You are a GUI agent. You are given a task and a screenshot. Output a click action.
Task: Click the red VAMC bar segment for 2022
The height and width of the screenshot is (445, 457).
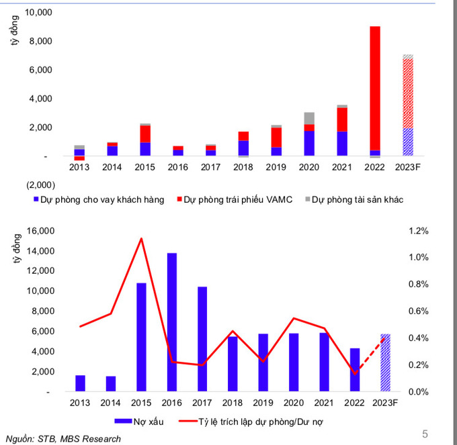(x=375, y=87)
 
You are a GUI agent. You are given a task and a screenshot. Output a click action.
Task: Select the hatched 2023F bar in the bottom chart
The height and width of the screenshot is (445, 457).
(x=385, y=362)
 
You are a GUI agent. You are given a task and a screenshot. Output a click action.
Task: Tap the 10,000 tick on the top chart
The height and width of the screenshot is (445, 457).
(x=41, y=13)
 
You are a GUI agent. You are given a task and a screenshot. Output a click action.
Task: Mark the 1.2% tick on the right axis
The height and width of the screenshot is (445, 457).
(x=418, y=231)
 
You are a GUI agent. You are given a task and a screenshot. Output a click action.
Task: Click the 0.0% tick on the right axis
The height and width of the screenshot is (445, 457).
(x=418, y=391)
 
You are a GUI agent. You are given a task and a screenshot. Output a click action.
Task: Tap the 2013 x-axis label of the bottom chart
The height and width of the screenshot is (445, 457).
(x=80, y=402)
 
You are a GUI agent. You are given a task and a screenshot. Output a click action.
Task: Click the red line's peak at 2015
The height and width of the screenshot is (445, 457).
(x=141, y=238)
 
